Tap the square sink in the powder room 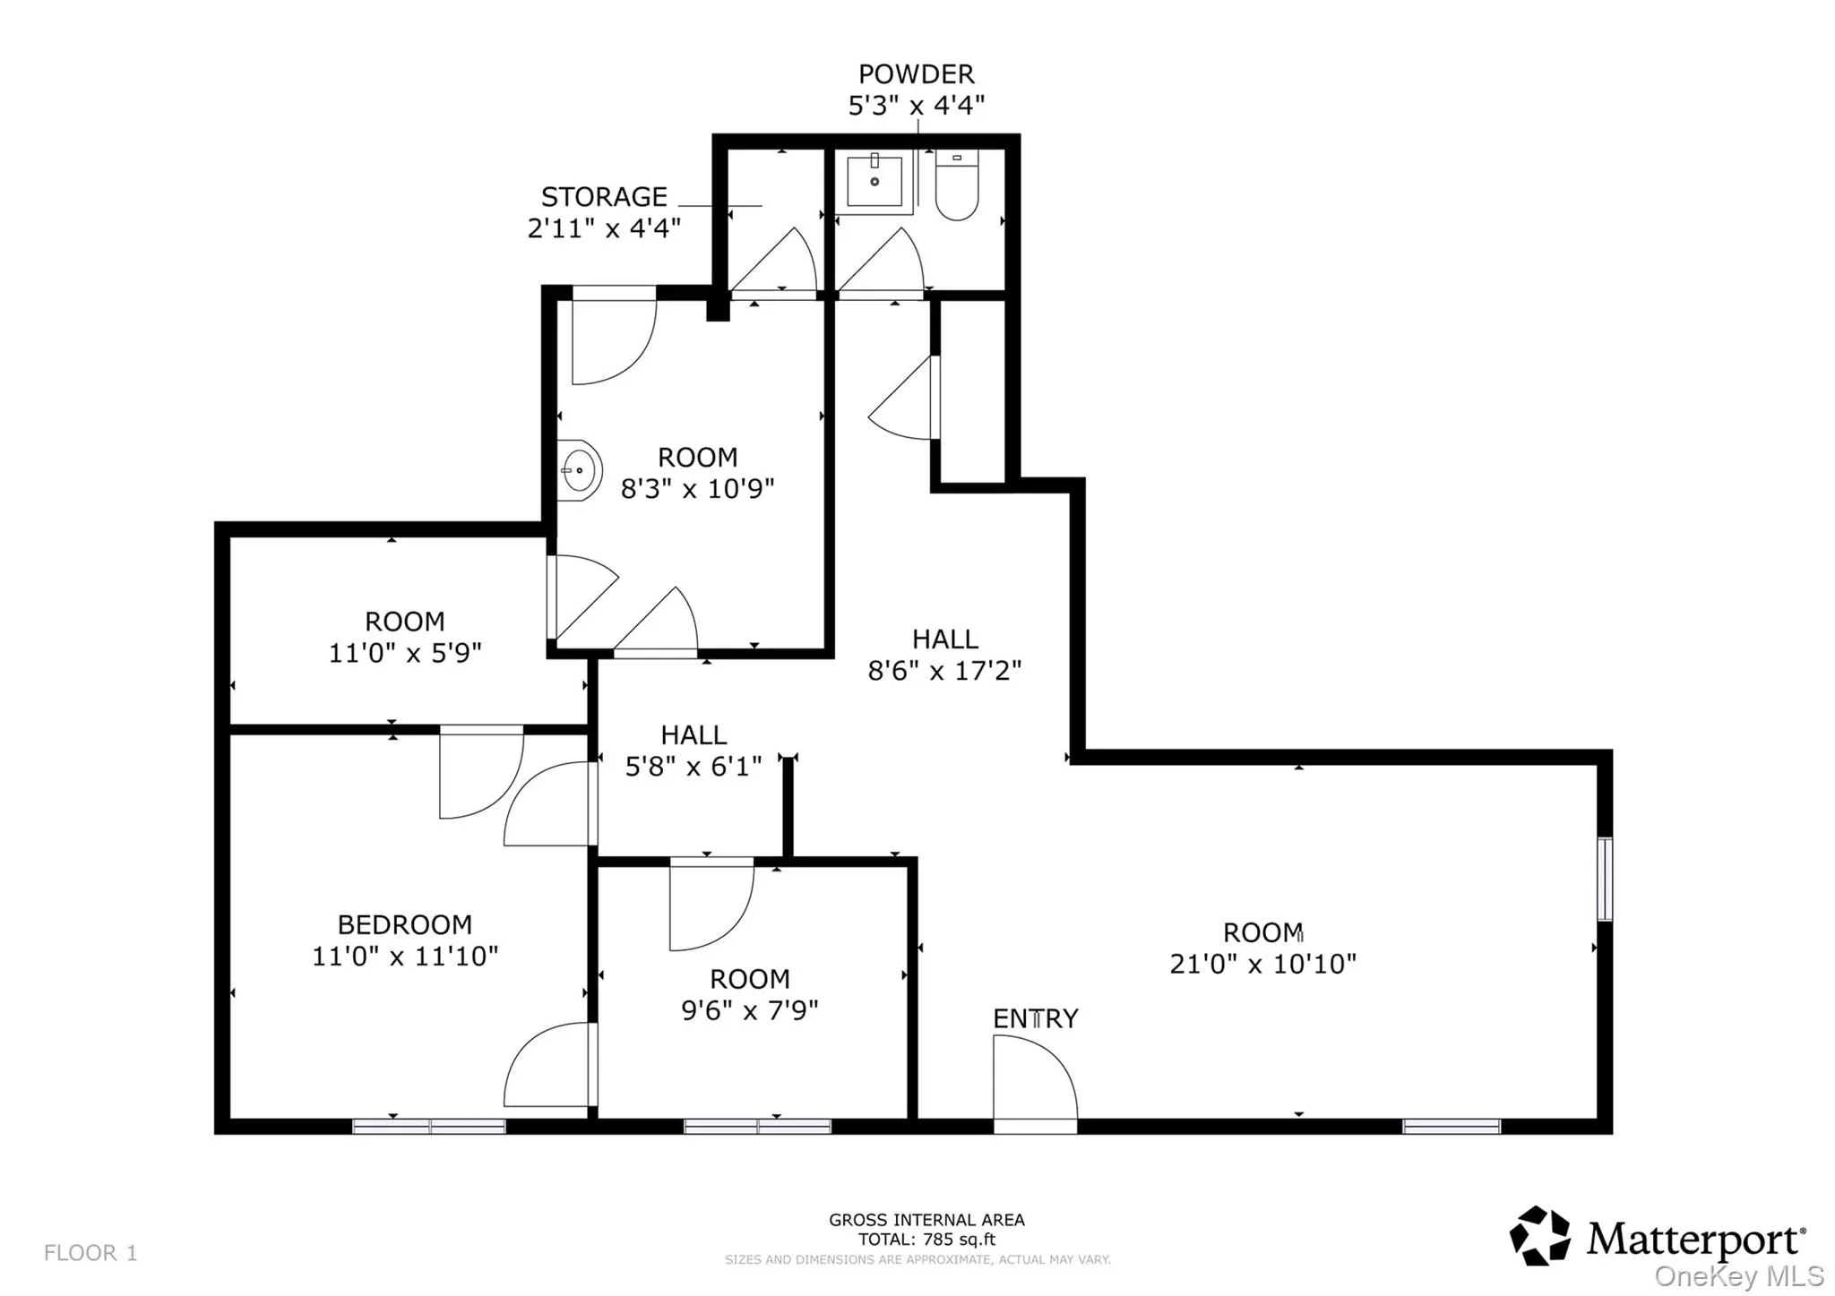click(x=874, y=182)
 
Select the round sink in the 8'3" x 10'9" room click(x=579, y=470)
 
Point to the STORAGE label click(x=604, y=197)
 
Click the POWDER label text click(x=916, y=74)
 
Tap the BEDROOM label click(x=405, y=924)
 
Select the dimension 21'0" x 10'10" click(x=1262, y=965)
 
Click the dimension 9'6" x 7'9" click(x=750, y=1010)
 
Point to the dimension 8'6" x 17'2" click(x=944, y=671)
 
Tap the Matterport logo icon click(x=1540, y=1236)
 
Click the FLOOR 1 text click(x=90, y=1253)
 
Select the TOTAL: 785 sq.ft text click(x=926, y=1240)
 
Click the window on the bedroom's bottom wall click(x=429, y=1127)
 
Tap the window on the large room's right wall click(x=1605, y=879)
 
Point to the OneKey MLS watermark click(x=1739, y=1276)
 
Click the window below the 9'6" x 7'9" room click(x=758, y=1127)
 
